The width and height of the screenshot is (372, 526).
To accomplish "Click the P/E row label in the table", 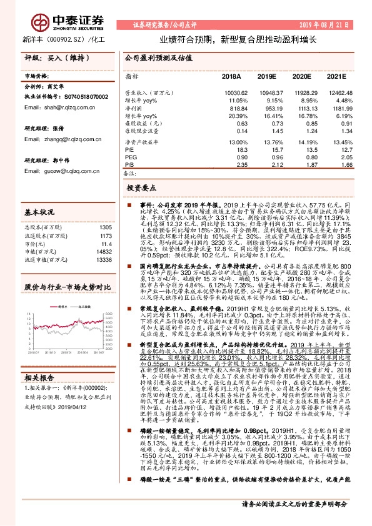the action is point(129,150).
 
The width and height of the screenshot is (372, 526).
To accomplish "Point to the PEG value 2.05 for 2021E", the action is point(336,157).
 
